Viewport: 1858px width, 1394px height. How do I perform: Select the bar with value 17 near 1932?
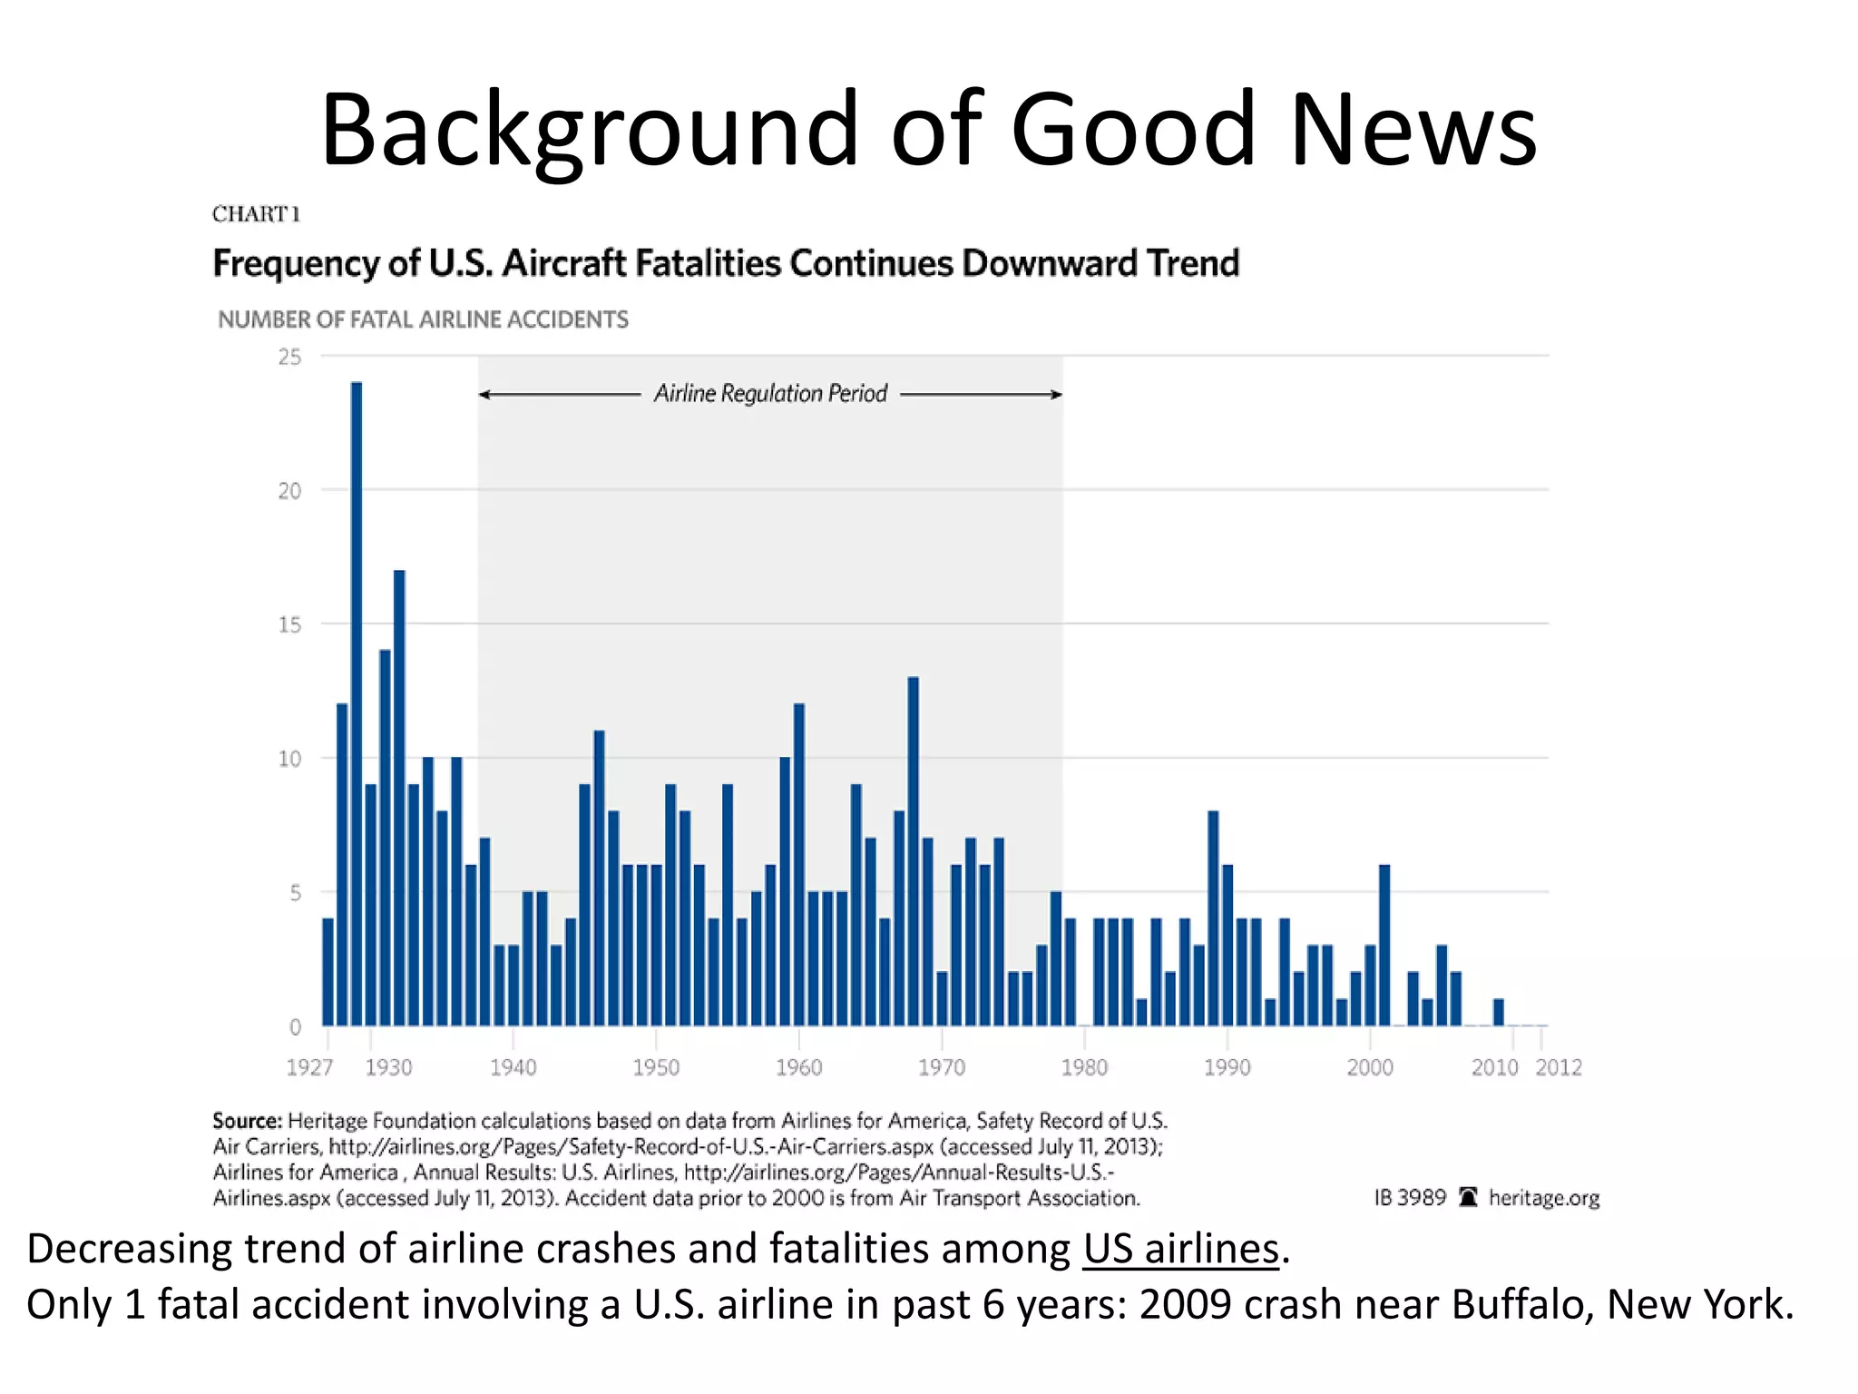[x=399, y=799]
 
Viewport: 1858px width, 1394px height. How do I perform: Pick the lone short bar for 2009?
[x=1499, y=1012]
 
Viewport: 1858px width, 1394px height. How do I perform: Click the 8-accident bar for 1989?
[x=1213, y=918]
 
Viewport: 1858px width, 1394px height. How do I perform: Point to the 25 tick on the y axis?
[x=289, y=358]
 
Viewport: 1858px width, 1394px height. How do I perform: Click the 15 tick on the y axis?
[x=289, y=624]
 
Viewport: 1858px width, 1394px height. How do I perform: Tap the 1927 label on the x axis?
[x=309, y=1067]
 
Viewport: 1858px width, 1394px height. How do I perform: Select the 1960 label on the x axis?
[x=798, y=1067]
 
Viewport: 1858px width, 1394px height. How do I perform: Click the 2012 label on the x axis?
[x=1558, y=1067]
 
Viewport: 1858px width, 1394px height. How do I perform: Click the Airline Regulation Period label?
[x=770, y=394]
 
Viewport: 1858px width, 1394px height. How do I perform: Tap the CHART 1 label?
[x=256, y=214]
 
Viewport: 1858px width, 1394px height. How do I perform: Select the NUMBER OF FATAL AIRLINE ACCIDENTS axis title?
[x=423, y=319]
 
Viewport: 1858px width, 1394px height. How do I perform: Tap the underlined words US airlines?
[x=1180, y=1249]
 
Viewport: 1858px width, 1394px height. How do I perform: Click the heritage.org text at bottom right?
[x=1543, y=1198]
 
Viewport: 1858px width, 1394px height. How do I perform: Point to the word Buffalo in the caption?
[x=1521, y=1305]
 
